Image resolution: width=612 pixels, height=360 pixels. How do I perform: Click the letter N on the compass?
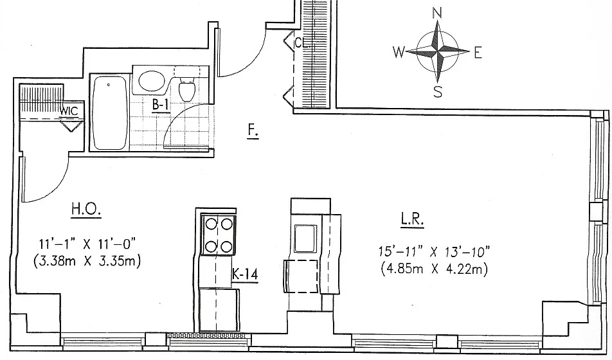click(x=437, y=14)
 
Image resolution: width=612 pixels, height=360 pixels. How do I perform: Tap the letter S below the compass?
click(x=438, y=92)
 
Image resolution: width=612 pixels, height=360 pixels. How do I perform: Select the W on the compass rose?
click(x=399, y=51)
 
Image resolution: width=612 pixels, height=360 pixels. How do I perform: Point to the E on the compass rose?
click(x=478, y=52)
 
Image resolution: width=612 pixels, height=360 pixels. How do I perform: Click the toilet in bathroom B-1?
click(x=186, y=88)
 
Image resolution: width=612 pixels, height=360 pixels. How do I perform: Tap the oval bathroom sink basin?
click(x=152, y=81)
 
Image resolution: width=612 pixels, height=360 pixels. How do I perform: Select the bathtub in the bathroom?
click(x=110, y=113)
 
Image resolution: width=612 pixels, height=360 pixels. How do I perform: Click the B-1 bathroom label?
click(x=161, y=105)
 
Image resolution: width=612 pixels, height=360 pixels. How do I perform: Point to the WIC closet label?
click(x=69, y=111)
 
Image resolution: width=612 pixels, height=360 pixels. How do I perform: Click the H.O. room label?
click(x=86, y=209)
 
